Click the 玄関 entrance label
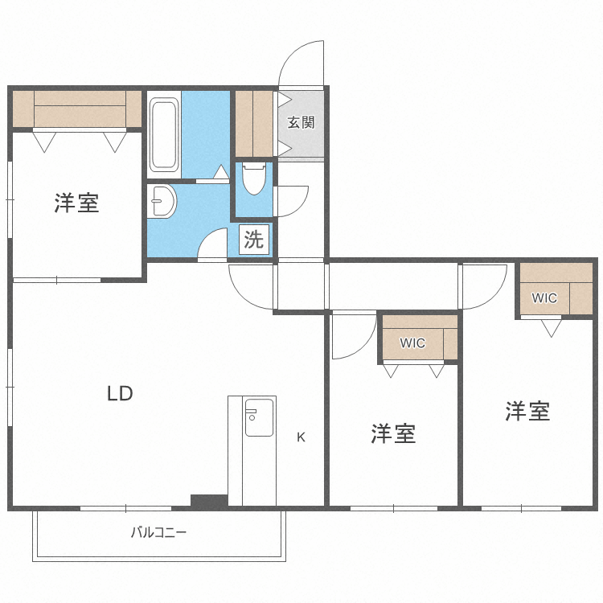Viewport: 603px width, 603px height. pyautogui.click(x=301, y=123)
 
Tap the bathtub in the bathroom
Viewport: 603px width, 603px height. pyautogui.click(x=163, y=134)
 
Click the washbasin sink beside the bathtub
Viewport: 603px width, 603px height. pyautogui.click(x=162, y=202)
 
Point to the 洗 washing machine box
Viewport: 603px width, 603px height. pyautogui.click(x=253, y=240)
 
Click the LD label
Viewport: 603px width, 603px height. pyautogui.click(x=120, y=394)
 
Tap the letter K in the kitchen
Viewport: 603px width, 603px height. pyautogui.click(x=301, y=437)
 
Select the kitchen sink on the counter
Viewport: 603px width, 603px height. pyautogui.click(x=260, y=417)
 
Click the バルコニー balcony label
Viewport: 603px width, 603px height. pyautogui.click(x=158, y=532)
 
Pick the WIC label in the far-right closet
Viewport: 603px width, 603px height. pyautogui.click(x=544, y=298)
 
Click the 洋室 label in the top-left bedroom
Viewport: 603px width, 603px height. pyautogui.click(x=76, y=203)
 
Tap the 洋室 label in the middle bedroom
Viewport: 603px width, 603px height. pyautogui.click(x=393, y=434)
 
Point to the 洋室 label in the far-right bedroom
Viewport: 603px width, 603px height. pyautogui.click(x=527, y=412)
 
